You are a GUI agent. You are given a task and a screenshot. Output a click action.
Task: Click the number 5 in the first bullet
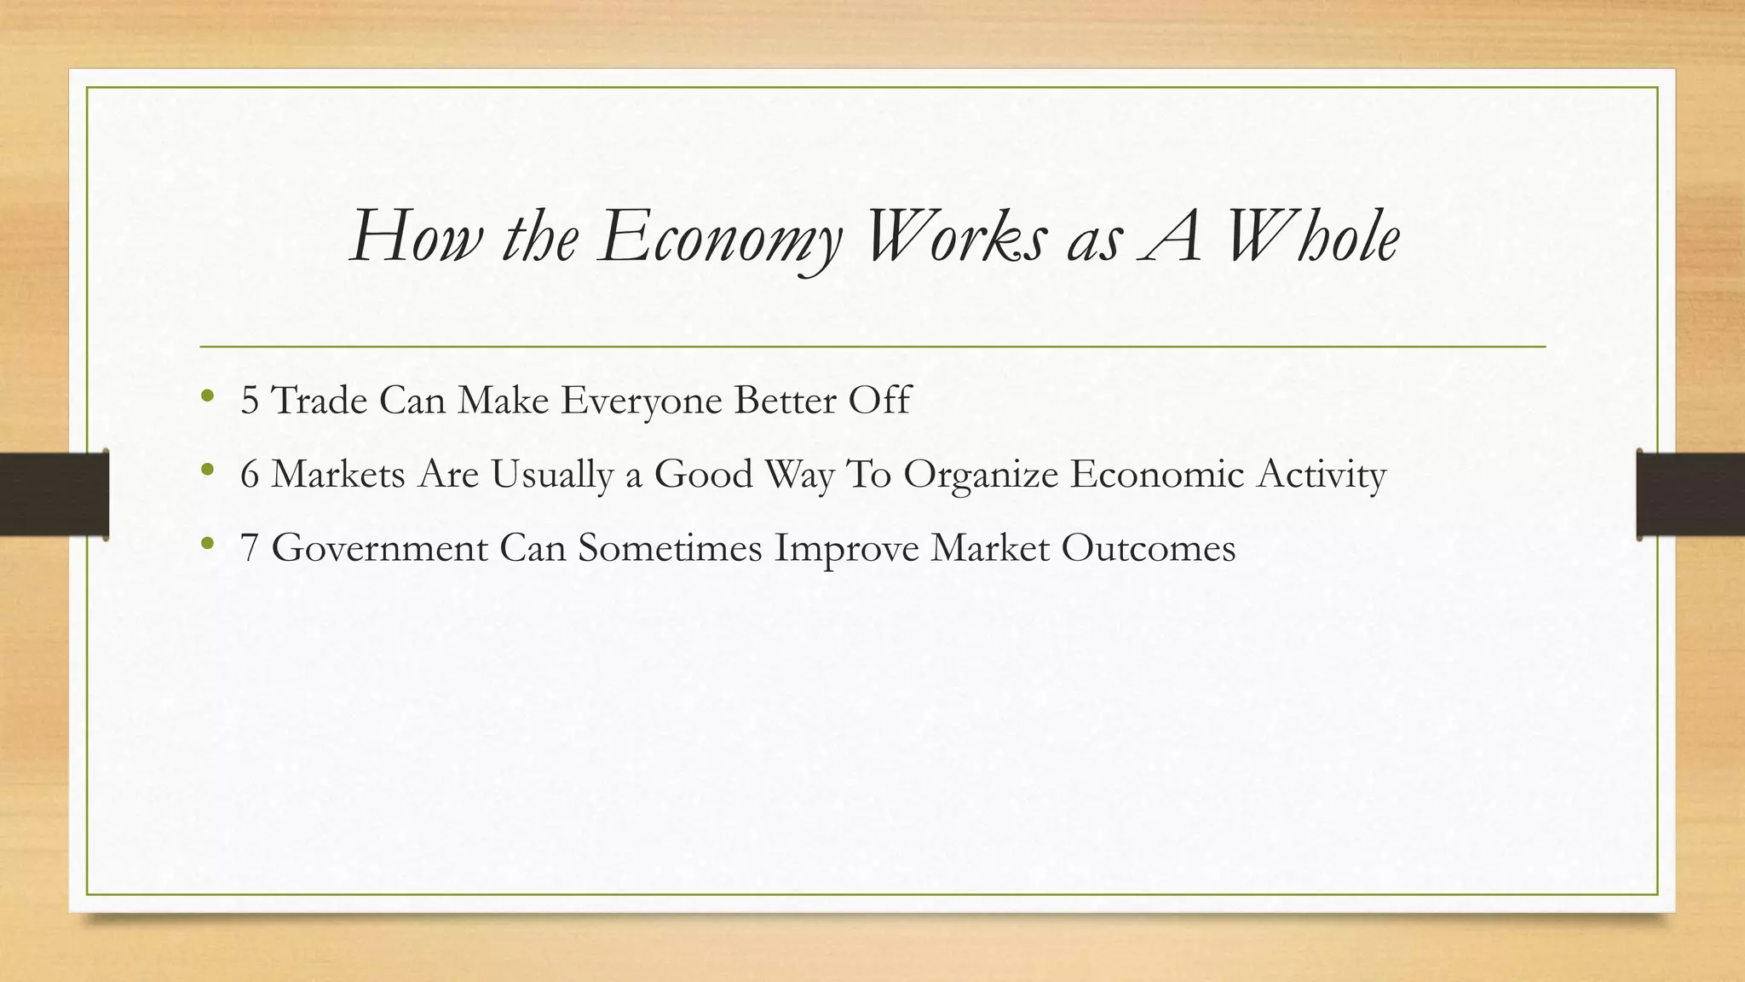point(250,401)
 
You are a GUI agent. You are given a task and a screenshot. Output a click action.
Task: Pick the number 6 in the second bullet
point(250,475)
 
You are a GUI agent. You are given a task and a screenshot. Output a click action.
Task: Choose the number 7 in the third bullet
point(250,548)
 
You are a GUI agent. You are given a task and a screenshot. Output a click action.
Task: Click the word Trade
point(319,401)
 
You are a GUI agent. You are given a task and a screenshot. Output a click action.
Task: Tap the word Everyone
point(642,401)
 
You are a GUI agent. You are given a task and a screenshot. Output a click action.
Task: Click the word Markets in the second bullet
point(338,475)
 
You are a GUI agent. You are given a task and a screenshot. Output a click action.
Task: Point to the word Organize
point(981,475)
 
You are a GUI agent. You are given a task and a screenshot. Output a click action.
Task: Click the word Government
point(380,548)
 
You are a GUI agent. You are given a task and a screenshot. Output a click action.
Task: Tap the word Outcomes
point(1149,548)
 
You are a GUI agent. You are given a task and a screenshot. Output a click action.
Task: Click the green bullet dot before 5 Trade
point(206,396)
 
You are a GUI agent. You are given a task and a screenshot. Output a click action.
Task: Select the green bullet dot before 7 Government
point(206,543)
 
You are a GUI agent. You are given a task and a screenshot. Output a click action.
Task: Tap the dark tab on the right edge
point(1690,494)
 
